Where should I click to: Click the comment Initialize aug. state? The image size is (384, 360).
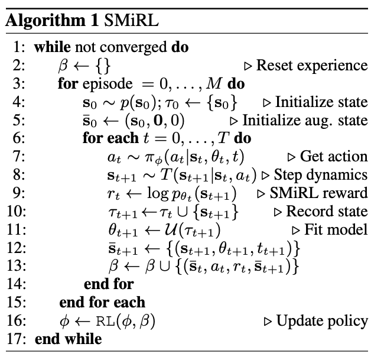click(305, 121)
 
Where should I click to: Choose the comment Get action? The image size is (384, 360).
click(334, 157)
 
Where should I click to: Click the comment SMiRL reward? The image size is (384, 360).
click(320, 193)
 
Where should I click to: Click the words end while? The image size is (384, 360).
click(68, 339)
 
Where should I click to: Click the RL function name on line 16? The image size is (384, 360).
click(109, 321)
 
